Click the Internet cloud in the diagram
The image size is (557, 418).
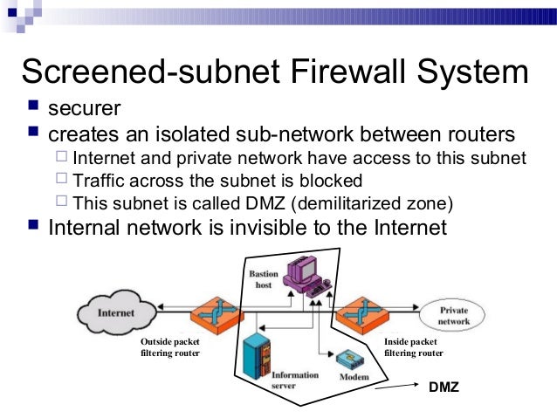coord(115,312)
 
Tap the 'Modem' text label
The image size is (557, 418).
coord(354,378)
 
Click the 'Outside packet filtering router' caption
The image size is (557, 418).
coord(170,347)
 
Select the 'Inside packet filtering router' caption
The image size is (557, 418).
coord(414,347)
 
